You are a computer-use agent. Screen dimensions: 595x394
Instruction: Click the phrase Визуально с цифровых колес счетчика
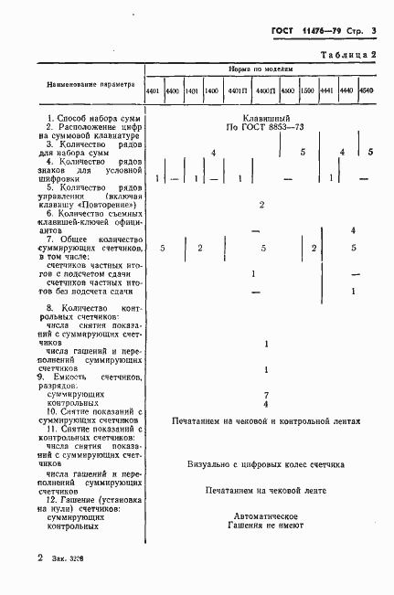(x=265, y=463)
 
